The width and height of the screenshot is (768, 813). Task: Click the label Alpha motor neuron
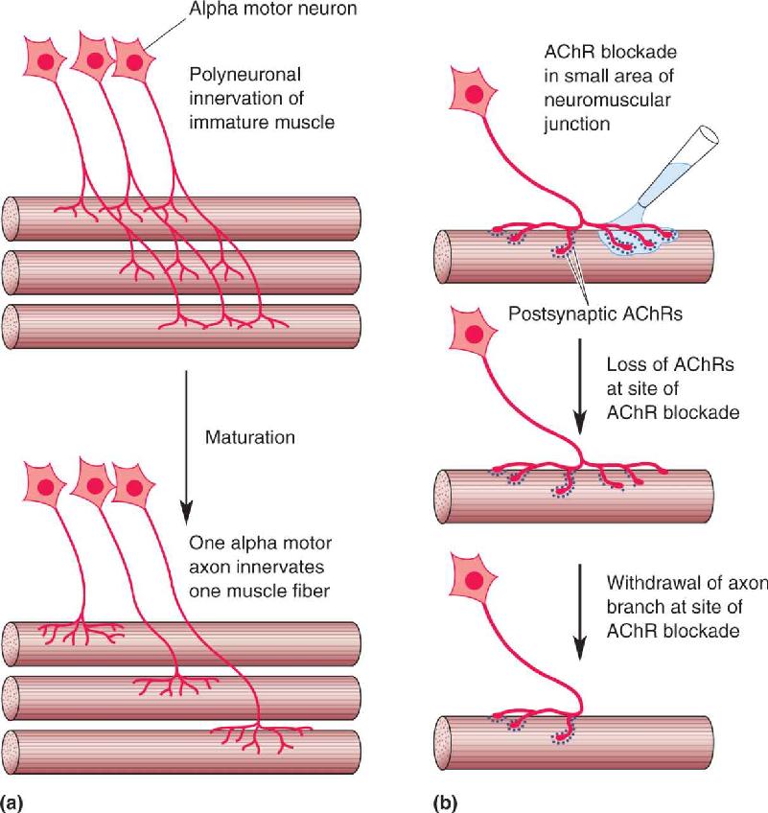(x=272, y=9)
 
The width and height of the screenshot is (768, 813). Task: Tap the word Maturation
(x=250, y=437)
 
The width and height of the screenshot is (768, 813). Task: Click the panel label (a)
(x=12, y=802)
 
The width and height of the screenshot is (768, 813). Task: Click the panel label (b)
(x=445, y=802)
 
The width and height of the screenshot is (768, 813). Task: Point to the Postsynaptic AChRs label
(x=594, y=314)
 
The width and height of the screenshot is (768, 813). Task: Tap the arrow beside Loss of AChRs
(x=580, y=386)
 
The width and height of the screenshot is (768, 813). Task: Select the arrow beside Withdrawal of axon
(x=580, y=612)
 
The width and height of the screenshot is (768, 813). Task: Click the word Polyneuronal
(x=244, y=75)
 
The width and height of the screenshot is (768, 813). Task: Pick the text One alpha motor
(x=261, y=543)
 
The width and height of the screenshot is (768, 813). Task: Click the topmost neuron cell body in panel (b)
(x=473, y=93)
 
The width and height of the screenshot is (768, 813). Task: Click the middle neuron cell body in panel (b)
(x=473, y=334)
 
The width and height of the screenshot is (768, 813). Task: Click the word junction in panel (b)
(x=577, y=125)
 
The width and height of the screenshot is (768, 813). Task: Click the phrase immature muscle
(x=262, y=123)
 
